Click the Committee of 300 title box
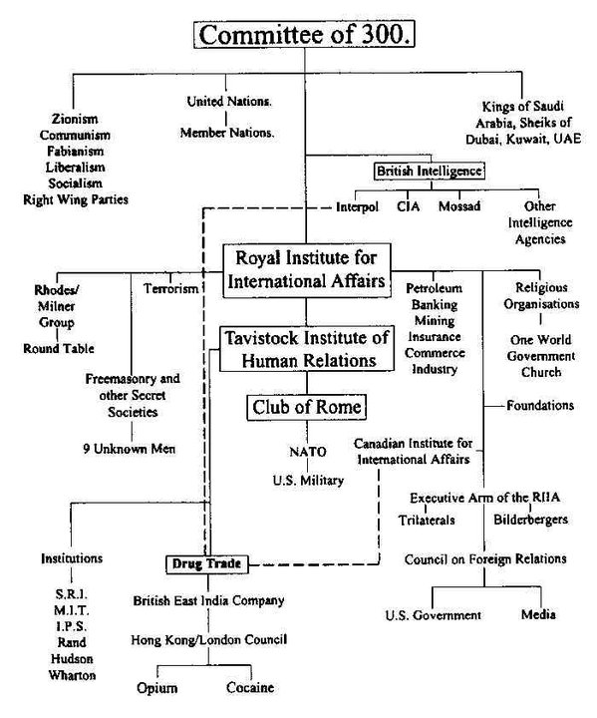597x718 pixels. pyautogui.click(x=305, y=36)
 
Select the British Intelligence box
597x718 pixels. pyautogui.click(x=429, y=171)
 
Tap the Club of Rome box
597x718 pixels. pyautogui.click(x=305, y=407)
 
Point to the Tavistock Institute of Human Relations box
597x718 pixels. pyautogui.click(x=305, y=347)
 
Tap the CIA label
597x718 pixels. pyautogui.click(x=407, y=207)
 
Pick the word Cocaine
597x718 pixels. pyautogui.click(x=249, y=688)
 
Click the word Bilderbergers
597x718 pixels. pyautogui.click(x=530, y=520)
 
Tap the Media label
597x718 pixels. pyautogui.click(x=538, y=614)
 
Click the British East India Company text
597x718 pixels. pyautogui.click(x=209, y=601)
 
